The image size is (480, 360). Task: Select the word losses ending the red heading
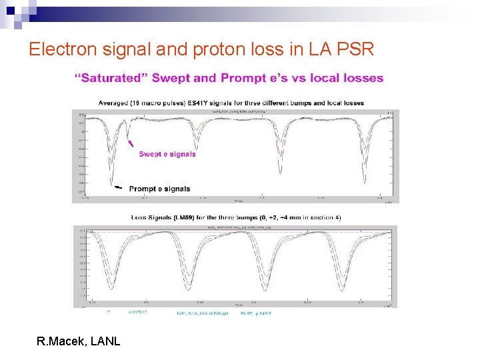coord(363,78)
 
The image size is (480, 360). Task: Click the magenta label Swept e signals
coord(167,154)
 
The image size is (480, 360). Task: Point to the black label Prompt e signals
coord(159,189)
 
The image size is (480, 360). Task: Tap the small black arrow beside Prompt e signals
coord(117,188)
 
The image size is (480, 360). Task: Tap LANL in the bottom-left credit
coord(105,341)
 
